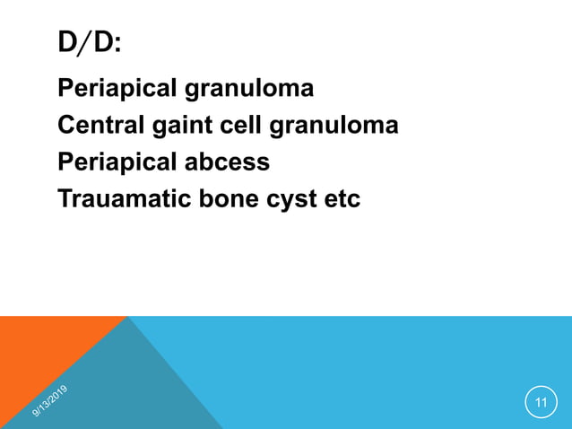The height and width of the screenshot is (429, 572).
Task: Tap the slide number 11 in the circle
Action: point(541,402)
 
